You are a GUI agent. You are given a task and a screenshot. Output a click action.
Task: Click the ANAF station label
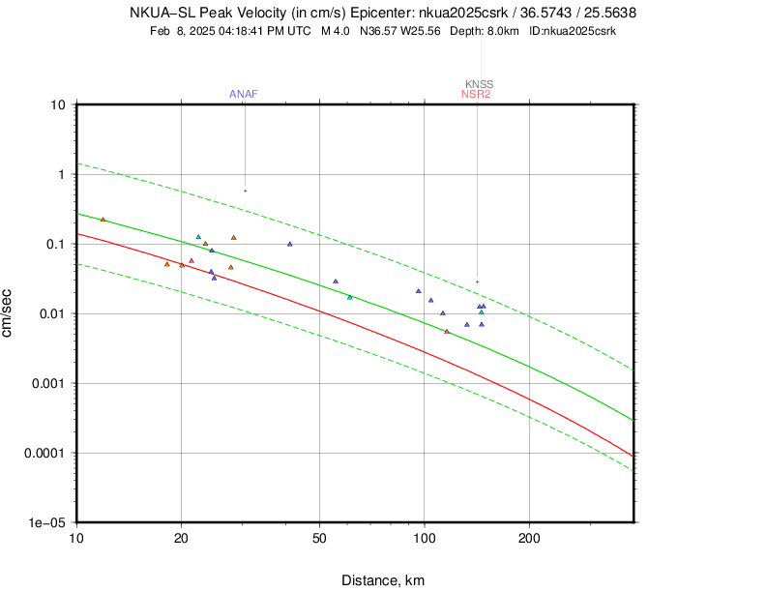point(243,94)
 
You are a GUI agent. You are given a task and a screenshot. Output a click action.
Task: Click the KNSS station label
point(479,84)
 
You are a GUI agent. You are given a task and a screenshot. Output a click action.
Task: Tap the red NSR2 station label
point(476,94)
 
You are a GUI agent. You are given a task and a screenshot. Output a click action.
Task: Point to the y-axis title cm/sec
point(9,313)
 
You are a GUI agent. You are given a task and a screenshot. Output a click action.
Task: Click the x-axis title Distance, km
point(383,580)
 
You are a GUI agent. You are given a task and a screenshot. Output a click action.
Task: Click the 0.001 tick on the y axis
point(48,383)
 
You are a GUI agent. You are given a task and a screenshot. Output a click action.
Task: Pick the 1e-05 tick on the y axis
point(48,522)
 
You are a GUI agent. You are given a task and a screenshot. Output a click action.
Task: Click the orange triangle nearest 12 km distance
point(103,220)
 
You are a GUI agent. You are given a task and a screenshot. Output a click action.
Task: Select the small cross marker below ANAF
point(245,191)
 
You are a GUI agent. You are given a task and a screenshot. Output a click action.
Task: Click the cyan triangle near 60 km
point(350,297)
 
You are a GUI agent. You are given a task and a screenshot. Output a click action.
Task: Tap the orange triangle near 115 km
point(447,331)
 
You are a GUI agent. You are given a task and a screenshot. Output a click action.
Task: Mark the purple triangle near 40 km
point(290,244)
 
